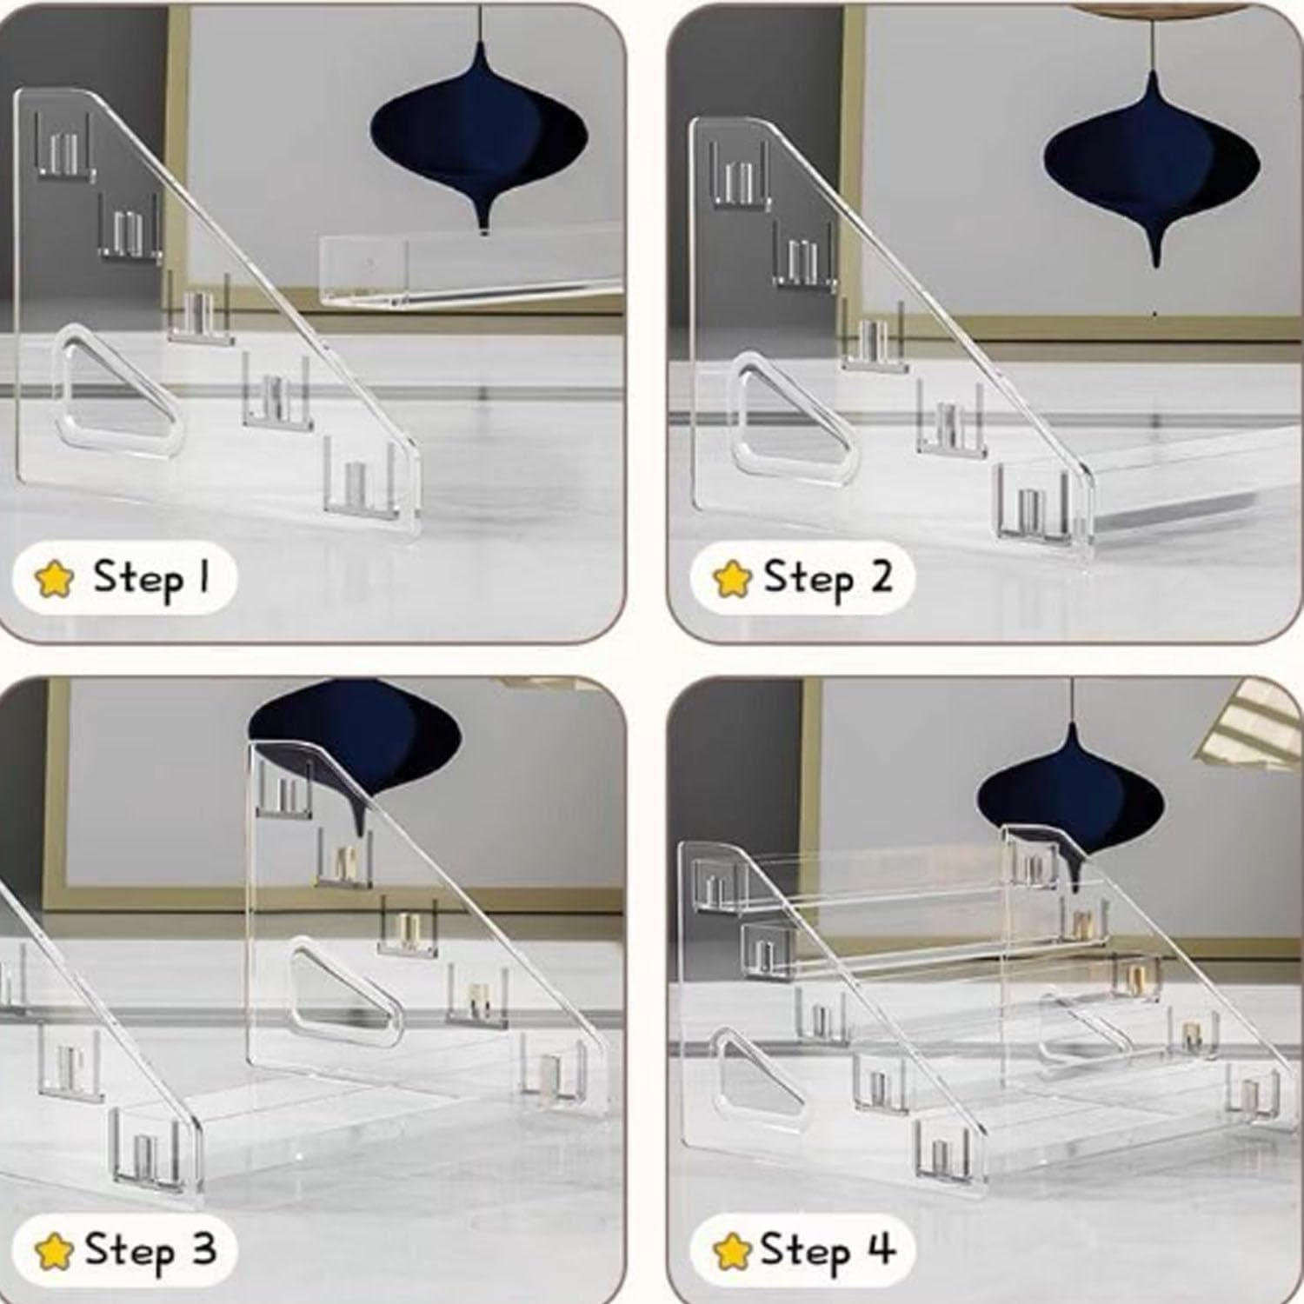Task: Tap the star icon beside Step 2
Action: (731, 578)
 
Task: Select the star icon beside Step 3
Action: (54, 1252)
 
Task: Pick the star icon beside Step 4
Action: (731, 1252)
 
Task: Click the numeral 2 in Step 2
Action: (880, 576)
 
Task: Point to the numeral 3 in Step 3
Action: (203, 1250)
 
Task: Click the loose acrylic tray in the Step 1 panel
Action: (469, 269)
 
